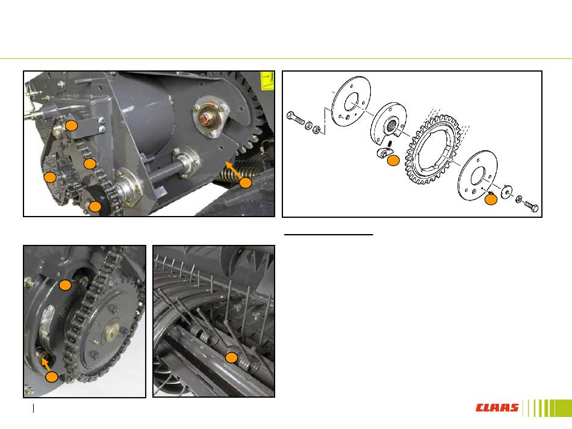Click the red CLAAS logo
click(497, 407)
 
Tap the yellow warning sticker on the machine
click(267, 80)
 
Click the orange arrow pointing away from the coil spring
click(233, 170)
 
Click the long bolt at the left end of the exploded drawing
click(296, 119)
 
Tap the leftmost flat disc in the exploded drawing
click(351, 101)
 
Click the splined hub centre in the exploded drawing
click(392, 126)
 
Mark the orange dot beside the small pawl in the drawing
click(393, 161)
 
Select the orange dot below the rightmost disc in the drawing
click(491, 199)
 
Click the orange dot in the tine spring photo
click(231, 357)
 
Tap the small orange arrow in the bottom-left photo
click(45, 365)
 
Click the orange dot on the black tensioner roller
click(95, 206)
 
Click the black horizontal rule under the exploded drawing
click(328, 235)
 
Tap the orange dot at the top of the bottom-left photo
click(65, 285)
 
